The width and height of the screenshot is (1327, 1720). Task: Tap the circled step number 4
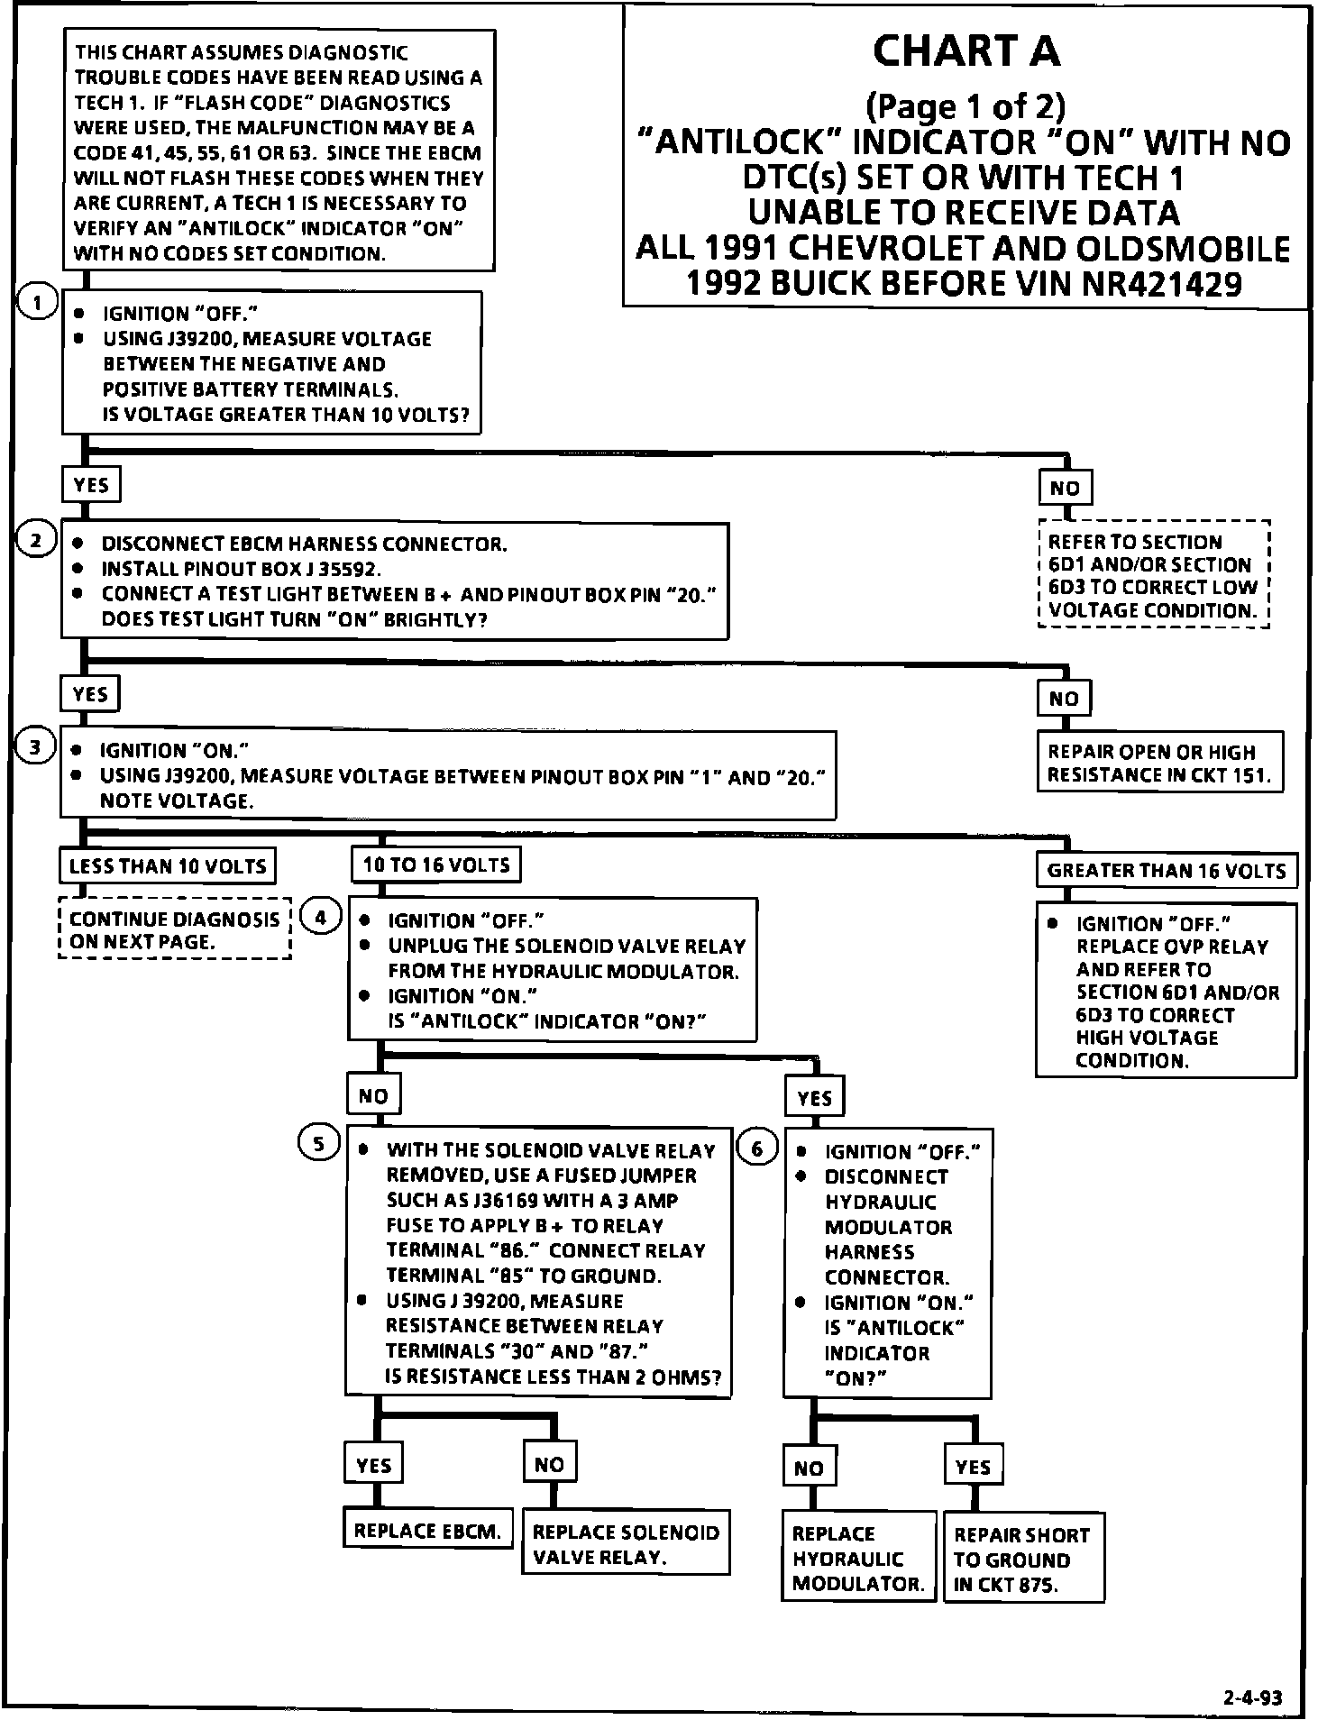point(321,917)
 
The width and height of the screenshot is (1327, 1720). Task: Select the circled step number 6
point(757,1148)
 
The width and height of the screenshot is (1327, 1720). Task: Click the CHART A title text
point(966,51)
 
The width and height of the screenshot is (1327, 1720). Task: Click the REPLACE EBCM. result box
point(427,1530)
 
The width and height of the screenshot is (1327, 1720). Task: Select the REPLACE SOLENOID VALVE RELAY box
point(626,1543)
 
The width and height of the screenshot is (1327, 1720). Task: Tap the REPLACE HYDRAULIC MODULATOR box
point(858,1558)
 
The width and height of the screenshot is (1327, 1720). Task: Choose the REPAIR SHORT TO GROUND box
point(1022,1559)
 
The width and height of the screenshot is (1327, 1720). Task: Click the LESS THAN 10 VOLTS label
point(168,866)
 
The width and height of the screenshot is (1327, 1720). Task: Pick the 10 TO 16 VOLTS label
point(435,865)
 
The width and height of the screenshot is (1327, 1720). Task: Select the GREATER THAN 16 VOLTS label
point(1166,871)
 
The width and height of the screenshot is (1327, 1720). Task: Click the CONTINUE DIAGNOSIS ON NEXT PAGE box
point(175,929)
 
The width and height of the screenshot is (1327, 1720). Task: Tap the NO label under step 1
point(1065,488)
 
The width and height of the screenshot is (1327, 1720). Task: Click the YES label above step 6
point(814,1097)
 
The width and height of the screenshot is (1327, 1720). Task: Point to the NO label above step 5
point(373,1095)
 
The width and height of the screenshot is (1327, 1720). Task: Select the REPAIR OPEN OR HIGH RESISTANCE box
point(1158,763)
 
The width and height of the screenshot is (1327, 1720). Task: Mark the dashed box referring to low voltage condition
point(1153,575)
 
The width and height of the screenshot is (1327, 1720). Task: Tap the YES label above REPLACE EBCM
point(373,1465)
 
